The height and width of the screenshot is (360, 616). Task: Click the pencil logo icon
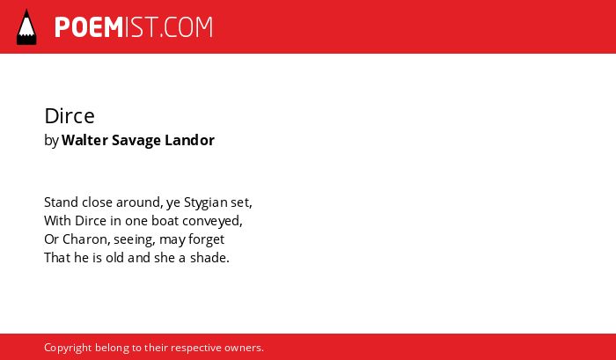click(x=26, y=27)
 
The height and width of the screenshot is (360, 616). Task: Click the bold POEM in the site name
click(x=89, y=27)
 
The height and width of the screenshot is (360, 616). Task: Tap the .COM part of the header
click(x=187, y=27)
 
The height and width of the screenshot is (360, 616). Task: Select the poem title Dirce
click(x=70, y=116)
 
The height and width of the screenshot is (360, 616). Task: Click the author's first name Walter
click(x=84, y=140)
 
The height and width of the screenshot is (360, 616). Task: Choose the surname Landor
click(x=190, y=140)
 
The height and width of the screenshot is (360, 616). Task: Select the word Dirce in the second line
click(x=91, y=221)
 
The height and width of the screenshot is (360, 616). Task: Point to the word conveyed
click(x=213, y=222)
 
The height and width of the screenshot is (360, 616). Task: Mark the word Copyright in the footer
click(x=68, y=349)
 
